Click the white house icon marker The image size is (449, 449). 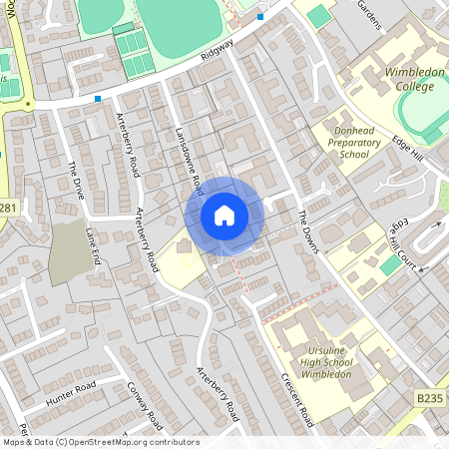(224, 216)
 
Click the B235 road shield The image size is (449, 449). (429, 398)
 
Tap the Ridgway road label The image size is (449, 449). (217, 49)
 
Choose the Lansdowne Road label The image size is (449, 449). (189, 159)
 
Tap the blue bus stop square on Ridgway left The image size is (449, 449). (98, 99)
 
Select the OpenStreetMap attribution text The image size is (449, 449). (101, 442)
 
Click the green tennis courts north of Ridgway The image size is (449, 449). (134, 52)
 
